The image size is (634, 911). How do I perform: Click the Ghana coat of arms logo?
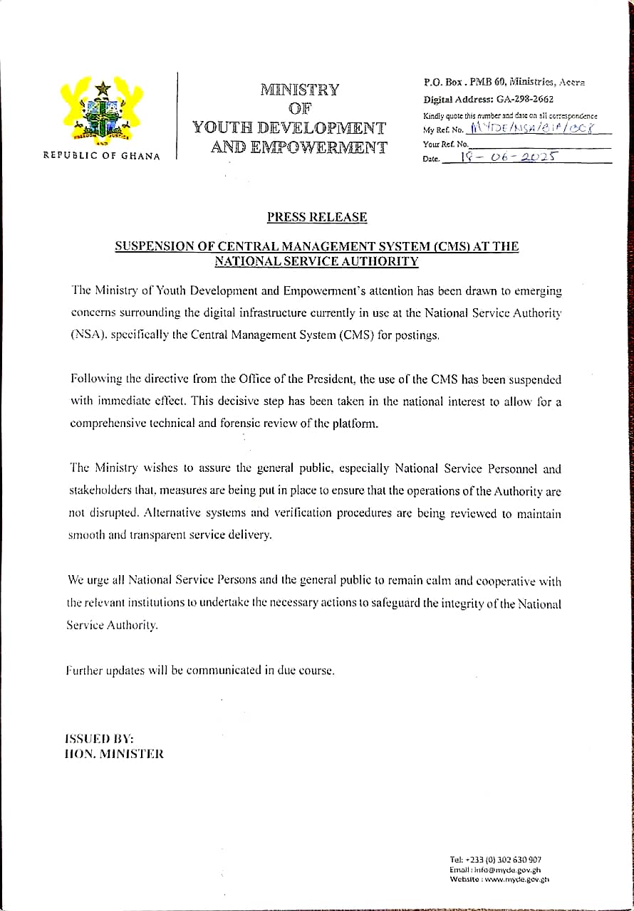(x=103, y=110)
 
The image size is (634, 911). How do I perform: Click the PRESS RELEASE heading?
(x=317, y=217)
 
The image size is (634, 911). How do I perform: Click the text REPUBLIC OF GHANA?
(x=102, y=156)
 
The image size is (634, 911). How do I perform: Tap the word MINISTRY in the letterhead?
(x=299, y=90)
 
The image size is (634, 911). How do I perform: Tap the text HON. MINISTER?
(x=114, y=754)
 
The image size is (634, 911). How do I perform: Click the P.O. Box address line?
(x=504, y=83)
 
